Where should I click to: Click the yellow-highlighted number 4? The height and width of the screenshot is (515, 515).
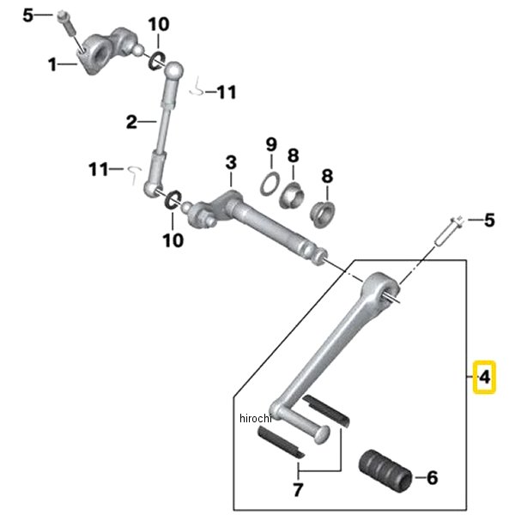(484, 377)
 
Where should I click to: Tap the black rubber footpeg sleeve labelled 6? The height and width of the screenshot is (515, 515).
(385, 471)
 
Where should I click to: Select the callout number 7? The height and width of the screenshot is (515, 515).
(298, 490)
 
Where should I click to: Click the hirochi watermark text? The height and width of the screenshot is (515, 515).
(256, 419)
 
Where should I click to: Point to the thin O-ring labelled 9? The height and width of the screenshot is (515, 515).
(270, 185)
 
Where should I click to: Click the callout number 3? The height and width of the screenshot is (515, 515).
(231, 162)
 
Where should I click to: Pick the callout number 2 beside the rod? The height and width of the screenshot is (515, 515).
(131, 122)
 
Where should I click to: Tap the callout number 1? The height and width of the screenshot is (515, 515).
(52, 64)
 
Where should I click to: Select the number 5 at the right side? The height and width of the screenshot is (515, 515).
(489, 220)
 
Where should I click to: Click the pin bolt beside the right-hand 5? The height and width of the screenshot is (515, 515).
(449, 231)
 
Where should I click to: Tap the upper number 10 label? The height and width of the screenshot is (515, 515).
(159, 24)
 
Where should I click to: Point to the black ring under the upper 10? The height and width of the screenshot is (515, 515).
(156, 61)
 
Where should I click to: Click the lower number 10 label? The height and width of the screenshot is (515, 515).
(173, 240)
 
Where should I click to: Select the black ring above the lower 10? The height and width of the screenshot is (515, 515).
(173, 199)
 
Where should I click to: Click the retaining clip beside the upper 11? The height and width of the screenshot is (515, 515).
(197, 87)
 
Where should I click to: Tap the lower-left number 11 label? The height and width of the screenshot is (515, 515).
(98, 169)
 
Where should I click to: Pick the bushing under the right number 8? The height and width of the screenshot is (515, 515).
(323, 214)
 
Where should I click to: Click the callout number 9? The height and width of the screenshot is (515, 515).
(271, 144)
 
